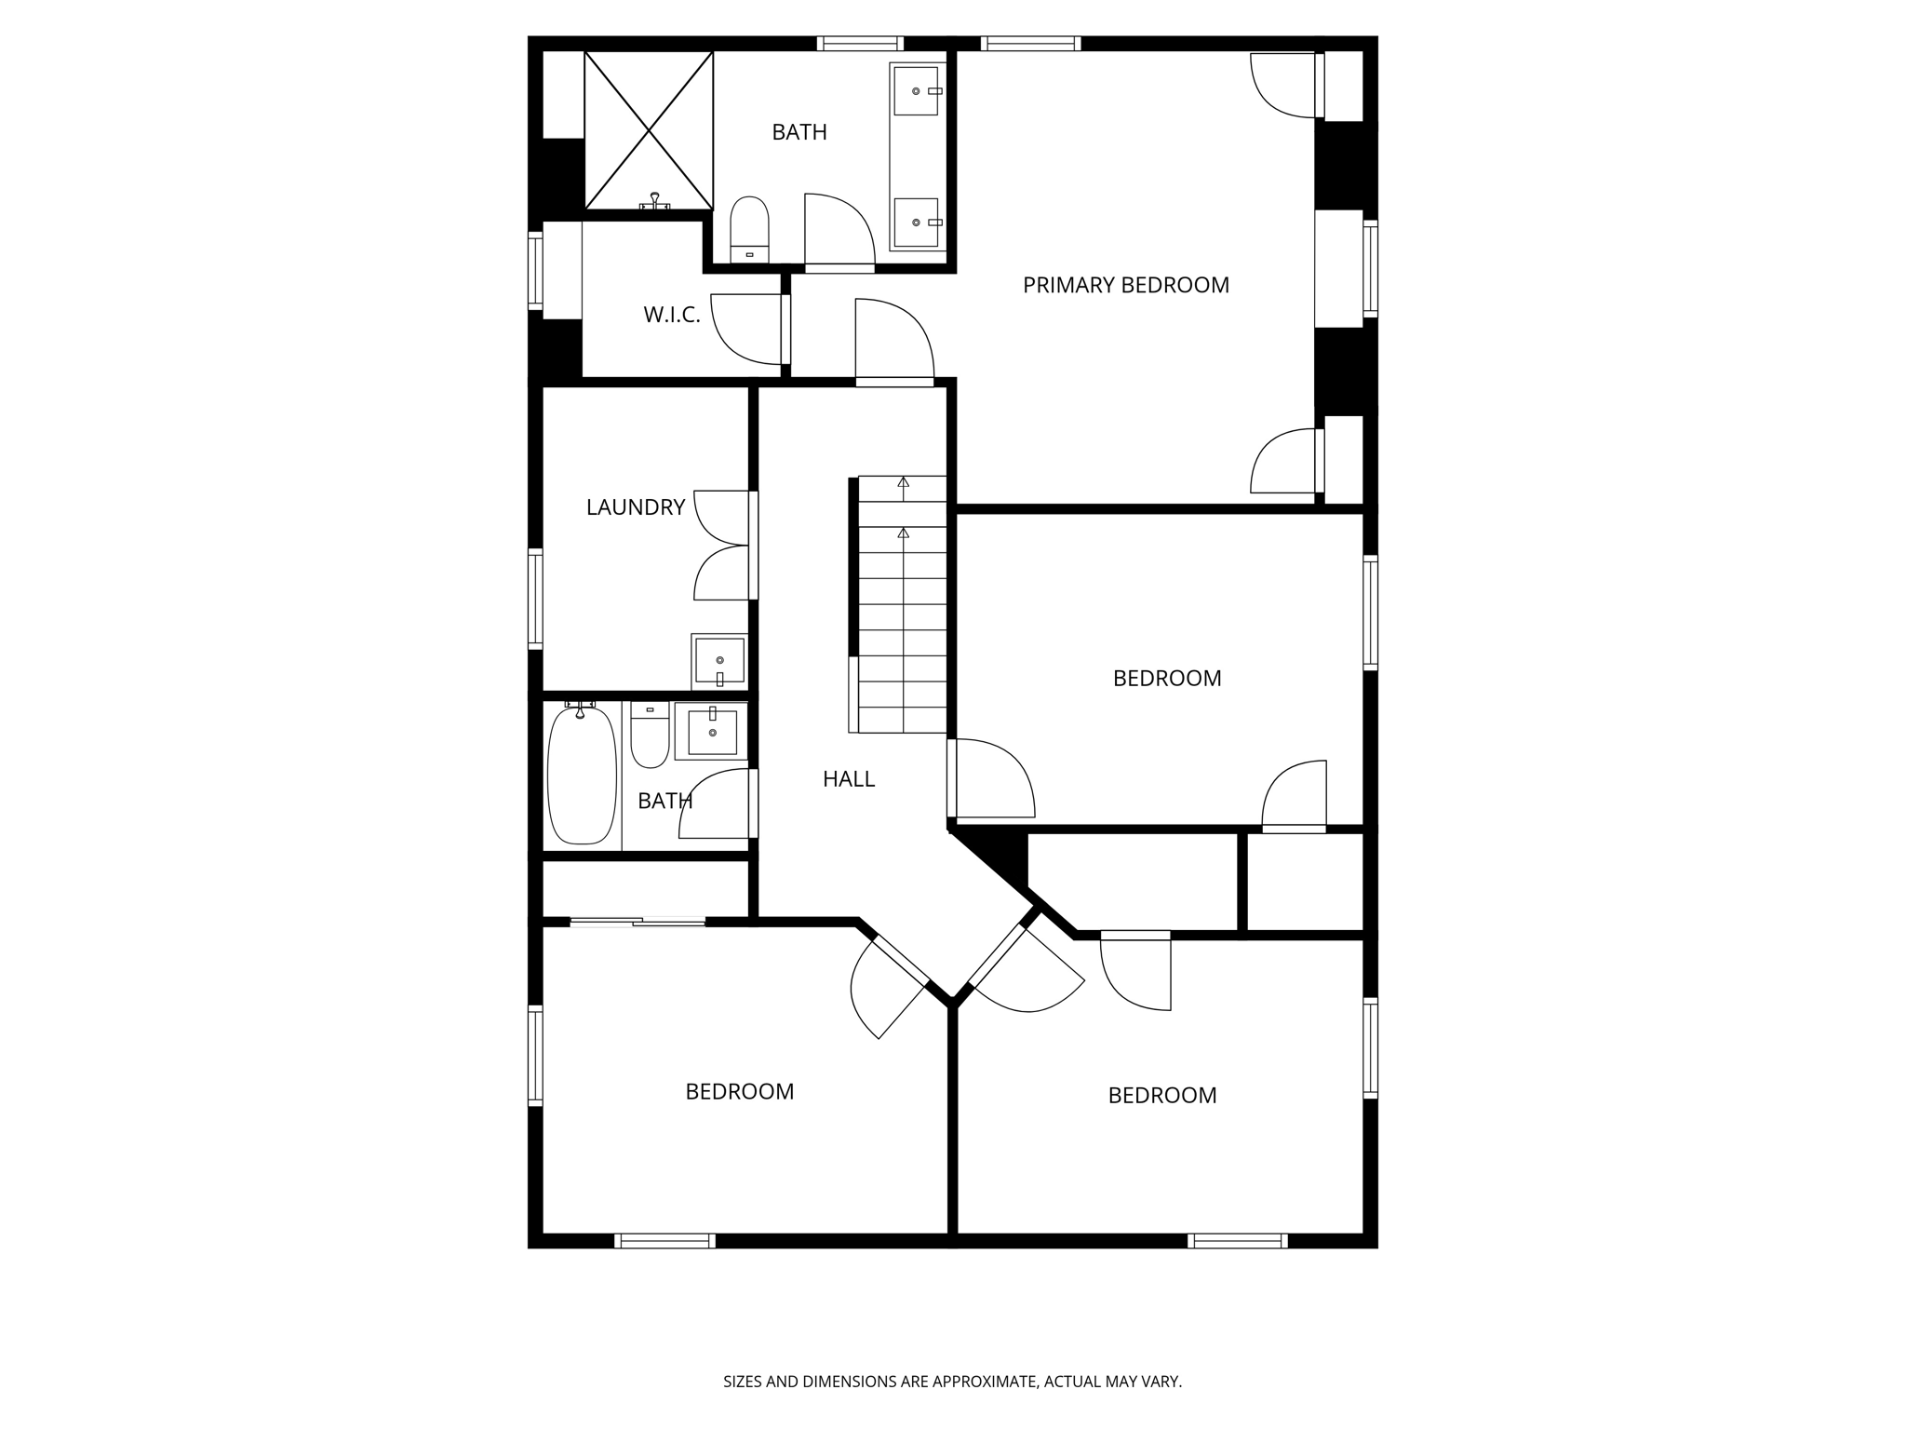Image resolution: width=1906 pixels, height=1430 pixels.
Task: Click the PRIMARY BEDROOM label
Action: (x=1125, y=285)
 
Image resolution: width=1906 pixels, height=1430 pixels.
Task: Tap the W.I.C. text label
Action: (x=671, y=315)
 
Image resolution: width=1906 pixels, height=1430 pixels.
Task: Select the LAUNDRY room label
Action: (x=635, y=507)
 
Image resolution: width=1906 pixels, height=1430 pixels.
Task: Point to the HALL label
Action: (x=848, y=779)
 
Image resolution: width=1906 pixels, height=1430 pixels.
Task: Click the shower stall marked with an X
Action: (x=648, y=129)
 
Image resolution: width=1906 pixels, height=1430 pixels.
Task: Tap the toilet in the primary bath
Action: (x=749, y=228)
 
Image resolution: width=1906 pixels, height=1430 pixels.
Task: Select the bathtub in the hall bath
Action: (x=582, y=776)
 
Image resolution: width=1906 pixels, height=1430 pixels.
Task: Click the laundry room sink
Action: (x=719, y=660)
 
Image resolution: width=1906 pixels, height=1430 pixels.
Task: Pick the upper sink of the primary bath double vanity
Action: (x=916, y=90)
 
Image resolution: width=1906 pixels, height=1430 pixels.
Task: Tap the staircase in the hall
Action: (x=901, y=605)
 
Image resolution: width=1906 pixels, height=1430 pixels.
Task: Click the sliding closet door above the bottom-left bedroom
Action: (x=638, y=922)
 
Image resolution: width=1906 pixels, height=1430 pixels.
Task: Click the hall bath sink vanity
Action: (x=712, y=732)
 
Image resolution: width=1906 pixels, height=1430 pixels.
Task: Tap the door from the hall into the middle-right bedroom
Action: (x=991, y=778)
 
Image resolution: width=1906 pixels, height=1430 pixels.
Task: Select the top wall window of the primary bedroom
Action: (x=1030, y=43)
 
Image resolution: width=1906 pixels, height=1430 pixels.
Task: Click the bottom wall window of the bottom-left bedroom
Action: (x=664, y=1240)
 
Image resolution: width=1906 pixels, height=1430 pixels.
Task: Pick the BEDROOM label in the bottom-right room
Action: (x=1161, y=1096)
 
